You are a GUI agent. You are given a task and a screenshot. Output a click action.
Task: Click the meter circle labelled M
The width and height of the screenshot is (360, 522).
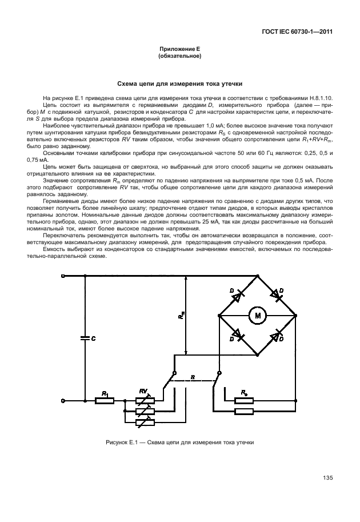(257, 314)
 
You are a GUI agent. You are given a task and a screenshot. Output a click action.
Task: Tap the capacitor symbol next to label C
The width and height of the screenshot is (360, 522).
(85, 338)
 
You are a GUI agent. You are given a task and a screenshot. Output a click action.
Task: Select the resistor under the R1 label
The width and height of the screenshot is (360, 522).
(105, 401)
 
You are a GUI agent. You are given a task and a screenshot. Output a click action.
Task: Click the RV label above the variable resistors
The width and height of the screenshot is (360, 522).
(144, 391)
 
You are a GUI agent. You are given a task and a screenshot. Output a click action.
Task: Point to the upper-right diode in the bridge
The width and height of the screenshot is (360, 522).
(277, 295)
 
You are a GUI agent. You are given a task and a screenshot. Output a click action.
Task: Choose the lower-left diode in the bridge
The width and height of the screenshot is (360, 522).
(237, 334)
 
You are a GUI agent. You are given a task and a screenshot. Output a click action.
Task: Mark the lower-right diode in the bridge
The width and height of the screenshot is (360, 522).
(277, 335)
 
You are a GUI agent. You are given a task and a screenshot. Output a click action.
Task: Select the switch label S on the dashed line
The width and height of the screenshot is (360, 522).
(193, 377)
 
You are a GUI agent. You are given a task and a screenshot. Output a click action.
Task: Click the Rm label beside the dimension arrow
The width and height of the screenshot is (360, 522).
(180, 314)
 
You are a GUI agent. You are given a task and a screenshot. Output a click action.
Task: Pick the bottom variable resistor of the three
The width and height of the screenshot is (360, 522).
(144, 422)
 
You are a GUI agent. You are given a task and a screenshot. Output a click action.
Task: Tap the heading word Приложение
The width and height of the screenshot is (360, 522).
(174, 50)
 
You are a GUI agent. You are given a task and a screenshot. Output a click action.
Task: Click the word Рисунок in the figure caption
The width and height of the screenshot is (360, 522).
(118, 442)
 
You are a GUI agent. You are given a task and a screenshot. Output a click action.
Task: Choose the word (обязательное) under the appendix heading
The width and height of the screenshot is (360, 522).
(179, 57)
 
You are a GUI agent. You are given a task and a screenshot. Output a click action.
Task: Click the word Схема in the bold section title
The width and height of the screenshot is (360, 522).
(129, 83)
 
